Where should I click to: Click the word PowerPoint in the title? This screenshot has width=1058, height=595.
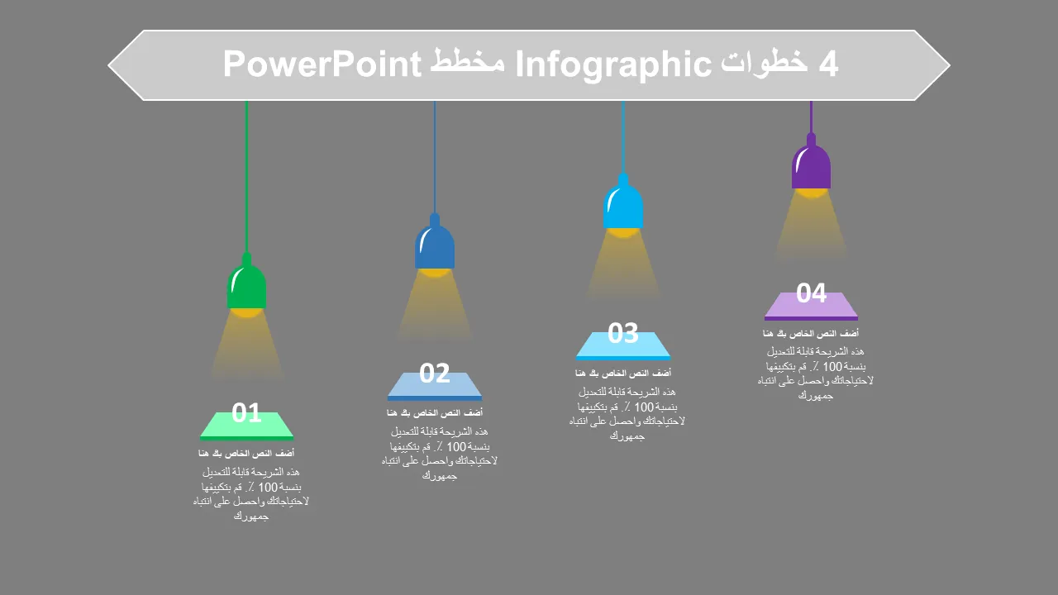[x=322, y=64]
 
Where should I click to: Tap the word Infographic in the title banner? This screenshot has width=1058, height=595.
[x=613, y=65]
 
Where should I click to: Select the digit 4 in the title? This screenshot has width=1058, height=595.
[x=828, y=64]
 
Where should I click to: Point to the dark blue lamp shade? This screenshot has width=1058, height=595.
[x=435, y=244]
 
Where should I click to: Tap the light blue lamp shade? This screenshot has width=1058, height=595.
[x=623, y=204]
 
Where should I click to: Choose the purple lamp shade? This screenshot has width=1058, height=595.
[x=811, y=164]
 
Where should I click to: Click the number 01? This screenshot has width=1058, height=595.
[x=246, y=412]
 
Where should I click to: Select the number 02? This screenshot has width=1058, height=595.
[x=435, y=373]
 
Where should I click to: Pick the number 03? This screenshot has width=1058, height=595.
[x=623, y=332]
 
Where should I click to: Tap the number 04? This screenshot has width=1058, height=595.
[x=811, y=293]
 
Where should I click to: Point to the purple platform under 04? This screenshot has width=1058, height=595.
[x=811, y=307]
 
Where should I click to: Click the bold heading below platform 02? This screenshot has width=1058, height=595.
[x=435, y=412]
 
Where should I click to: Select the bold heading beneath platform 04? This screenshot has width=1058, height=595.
[x=811, y=333]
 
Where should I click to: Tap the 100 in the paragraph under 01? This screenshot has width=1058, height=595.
[x=268, y=487]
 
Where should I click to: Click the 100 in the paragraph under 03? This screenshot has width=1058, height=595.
[x=644, y=407]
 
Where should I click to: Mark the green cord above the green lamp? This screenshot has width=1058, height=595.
[x=246, y=177]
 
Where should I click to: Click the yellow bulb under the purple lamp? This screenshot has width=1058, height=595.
[x=811, y=193]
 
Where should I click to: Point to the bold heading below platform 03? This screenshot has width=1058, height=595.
[x=623, y=373]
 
